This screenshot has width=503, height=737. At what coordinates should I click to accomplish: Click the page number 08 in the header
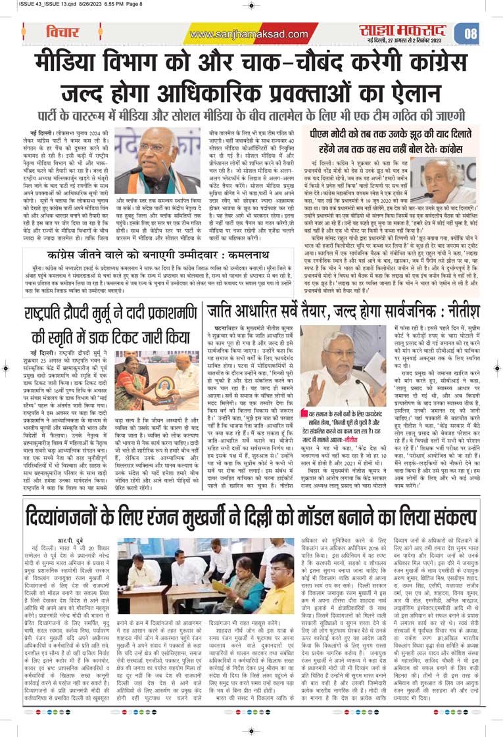pos(471,33)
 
